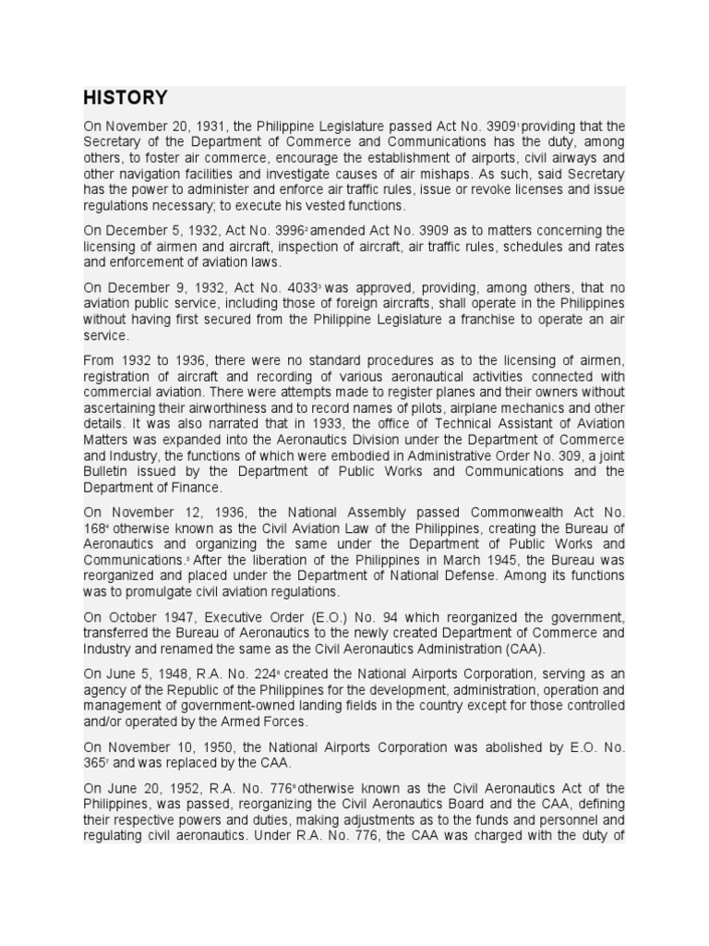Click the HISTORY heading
126,98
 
